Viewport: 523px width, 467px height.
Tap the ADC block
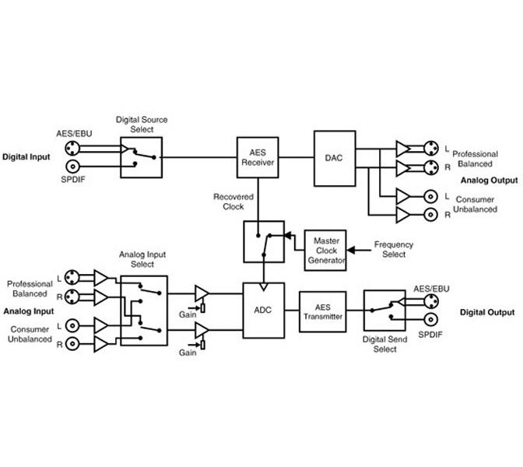[263, 309]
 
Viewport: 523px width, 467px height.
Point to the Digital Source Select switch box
[141, 156]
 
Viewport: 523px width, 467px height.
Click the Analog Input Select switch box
[144, 310]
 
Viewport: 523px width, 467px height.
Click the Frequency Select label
[394, 249]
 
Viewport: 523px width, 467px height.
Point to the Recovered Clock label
[229, 202]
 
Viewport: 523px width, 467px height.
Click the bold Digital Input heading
[26, 156]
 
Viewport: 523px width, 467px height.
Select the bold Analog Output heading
[488, 180]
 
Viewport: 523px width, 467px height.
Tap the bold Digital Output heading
[486, 312]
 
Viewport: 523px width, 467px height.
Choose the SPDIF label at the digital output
[430, 333]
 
